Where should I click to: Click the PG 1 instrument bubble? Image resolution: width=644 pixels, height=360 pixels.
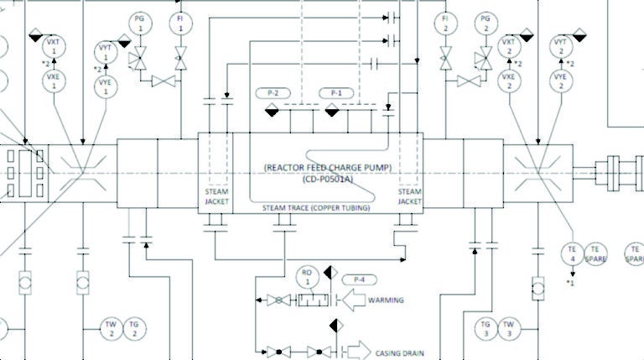(x=141, y=23)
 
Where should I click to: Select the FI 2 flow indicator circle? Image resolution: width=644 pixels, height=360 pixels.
(x=445, y=23)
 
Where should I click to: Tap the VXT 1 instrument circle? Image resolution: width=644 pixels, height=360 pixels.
(x=53, y=46)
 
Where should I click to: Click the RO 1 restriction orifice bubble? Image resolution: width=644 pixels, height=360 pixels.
(x=308, y=277)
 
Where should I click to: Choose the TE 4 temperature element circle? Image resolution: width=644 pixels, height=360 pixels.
(x=573, y=254)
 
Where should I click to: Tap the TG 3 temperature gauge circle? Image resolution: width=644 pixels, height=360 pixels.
(x=486, y=328)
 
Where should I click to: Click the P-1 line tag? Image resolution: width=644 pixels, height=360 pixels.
(x=337, y=92)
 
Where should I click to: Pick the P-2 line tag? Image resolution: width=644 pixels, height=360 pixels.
(x=273, y=92)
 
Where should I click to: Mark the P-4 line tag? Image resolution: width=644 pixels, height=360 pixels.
(x=360, y=279)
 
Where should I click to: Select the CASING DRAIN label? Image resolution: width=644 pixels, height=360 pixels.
(x=393, y=353)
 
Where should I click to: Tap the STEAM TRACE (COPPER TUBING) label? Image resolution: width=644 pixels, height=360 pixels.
(x=315, y=207)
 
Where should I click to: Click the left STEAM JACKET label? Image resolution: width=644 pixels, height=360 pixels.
(x=217, y=196)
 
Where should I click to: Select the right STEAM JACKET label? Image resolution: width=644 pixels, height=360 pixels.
(x=410, y=196)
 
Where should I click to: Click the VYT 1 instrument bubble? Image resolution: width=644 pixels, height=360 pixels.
(x=106, y=52)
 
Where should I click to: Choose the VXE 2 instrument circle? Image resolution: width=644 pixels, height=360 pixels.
(x=508, y=81)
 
